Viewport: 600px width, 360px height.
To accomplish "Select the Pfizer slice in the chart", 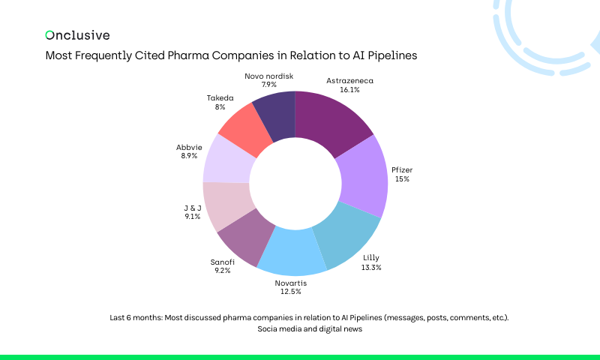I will [361, 179].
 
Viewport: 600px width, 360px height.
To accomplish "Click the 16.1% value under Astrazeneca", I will [349, 89].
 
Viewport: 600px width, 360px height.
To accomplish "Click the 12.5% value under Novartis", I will [290, 291].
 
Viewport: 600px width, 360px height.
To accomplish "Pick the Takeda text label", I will [220, 98].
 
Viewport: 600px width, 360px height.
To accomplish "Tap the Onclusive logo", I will [77, 35].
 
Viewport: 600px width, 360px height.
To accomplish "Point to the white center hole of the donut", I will [295, 183].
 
